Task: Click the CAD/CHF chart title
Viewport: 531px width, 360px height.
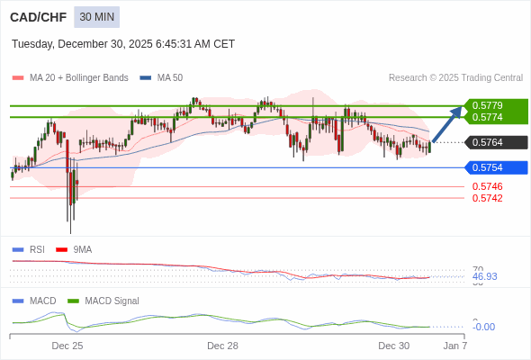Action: tap(37, 17)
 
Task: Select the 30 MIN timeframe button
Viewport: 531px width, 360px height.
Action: tap(96, 17)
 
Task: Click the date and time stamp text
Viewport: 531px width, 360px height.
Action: tap(123, 44)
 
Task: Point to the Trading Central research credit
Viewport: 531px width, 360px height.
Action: tap(455, 78)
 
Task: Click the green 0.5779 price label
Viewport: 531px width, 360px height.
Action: tap(495, 105)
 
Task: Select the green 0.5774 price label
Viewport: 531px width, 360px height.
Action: tap(495, 118)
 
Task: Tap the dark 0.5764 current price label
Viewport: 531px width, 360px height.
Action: tap(495, 142)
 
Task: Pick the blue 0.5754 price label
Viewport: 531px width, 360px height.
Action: tap(495, 167)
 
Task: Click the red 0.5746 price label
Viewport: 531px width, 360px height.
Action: tap(487, 186)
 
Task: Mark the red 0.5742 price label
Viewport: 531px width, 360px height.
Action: tap(487, 198)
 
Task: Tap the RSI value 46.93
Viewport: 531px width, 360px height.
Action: tap(484, 276)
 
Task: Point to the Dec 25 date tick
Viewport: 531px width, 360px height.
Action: tap(67, 346)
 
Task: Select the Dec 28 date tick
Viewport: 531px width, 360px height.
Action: tap(222, 346)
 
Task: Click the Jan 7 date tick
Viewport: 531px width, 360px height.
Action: tap(455, 346)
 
